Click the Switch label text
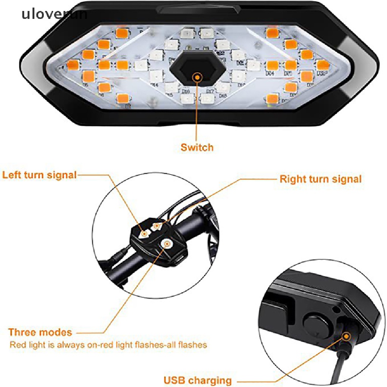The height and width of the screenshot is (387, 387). (x=197, y=147)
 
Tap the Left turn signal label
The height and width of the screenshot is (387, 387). (x=39, y=175)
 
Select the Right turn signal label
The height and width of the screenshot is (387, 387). (x=320, y=179)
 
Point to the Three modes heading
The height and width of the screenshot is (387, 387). (x=40, y=333)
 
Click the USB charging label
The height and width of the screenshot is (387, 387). (x=198, y=380)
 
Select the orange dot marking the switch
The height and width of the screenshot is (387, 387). (x=197, y=77)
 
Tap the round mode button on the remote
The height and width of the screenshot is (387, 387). (x=167, y=245)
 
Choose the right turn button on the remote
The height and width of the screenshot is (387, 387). (x=156, y=226)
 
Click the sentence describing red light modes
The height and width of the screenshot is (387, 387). (x=108, y=345)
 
